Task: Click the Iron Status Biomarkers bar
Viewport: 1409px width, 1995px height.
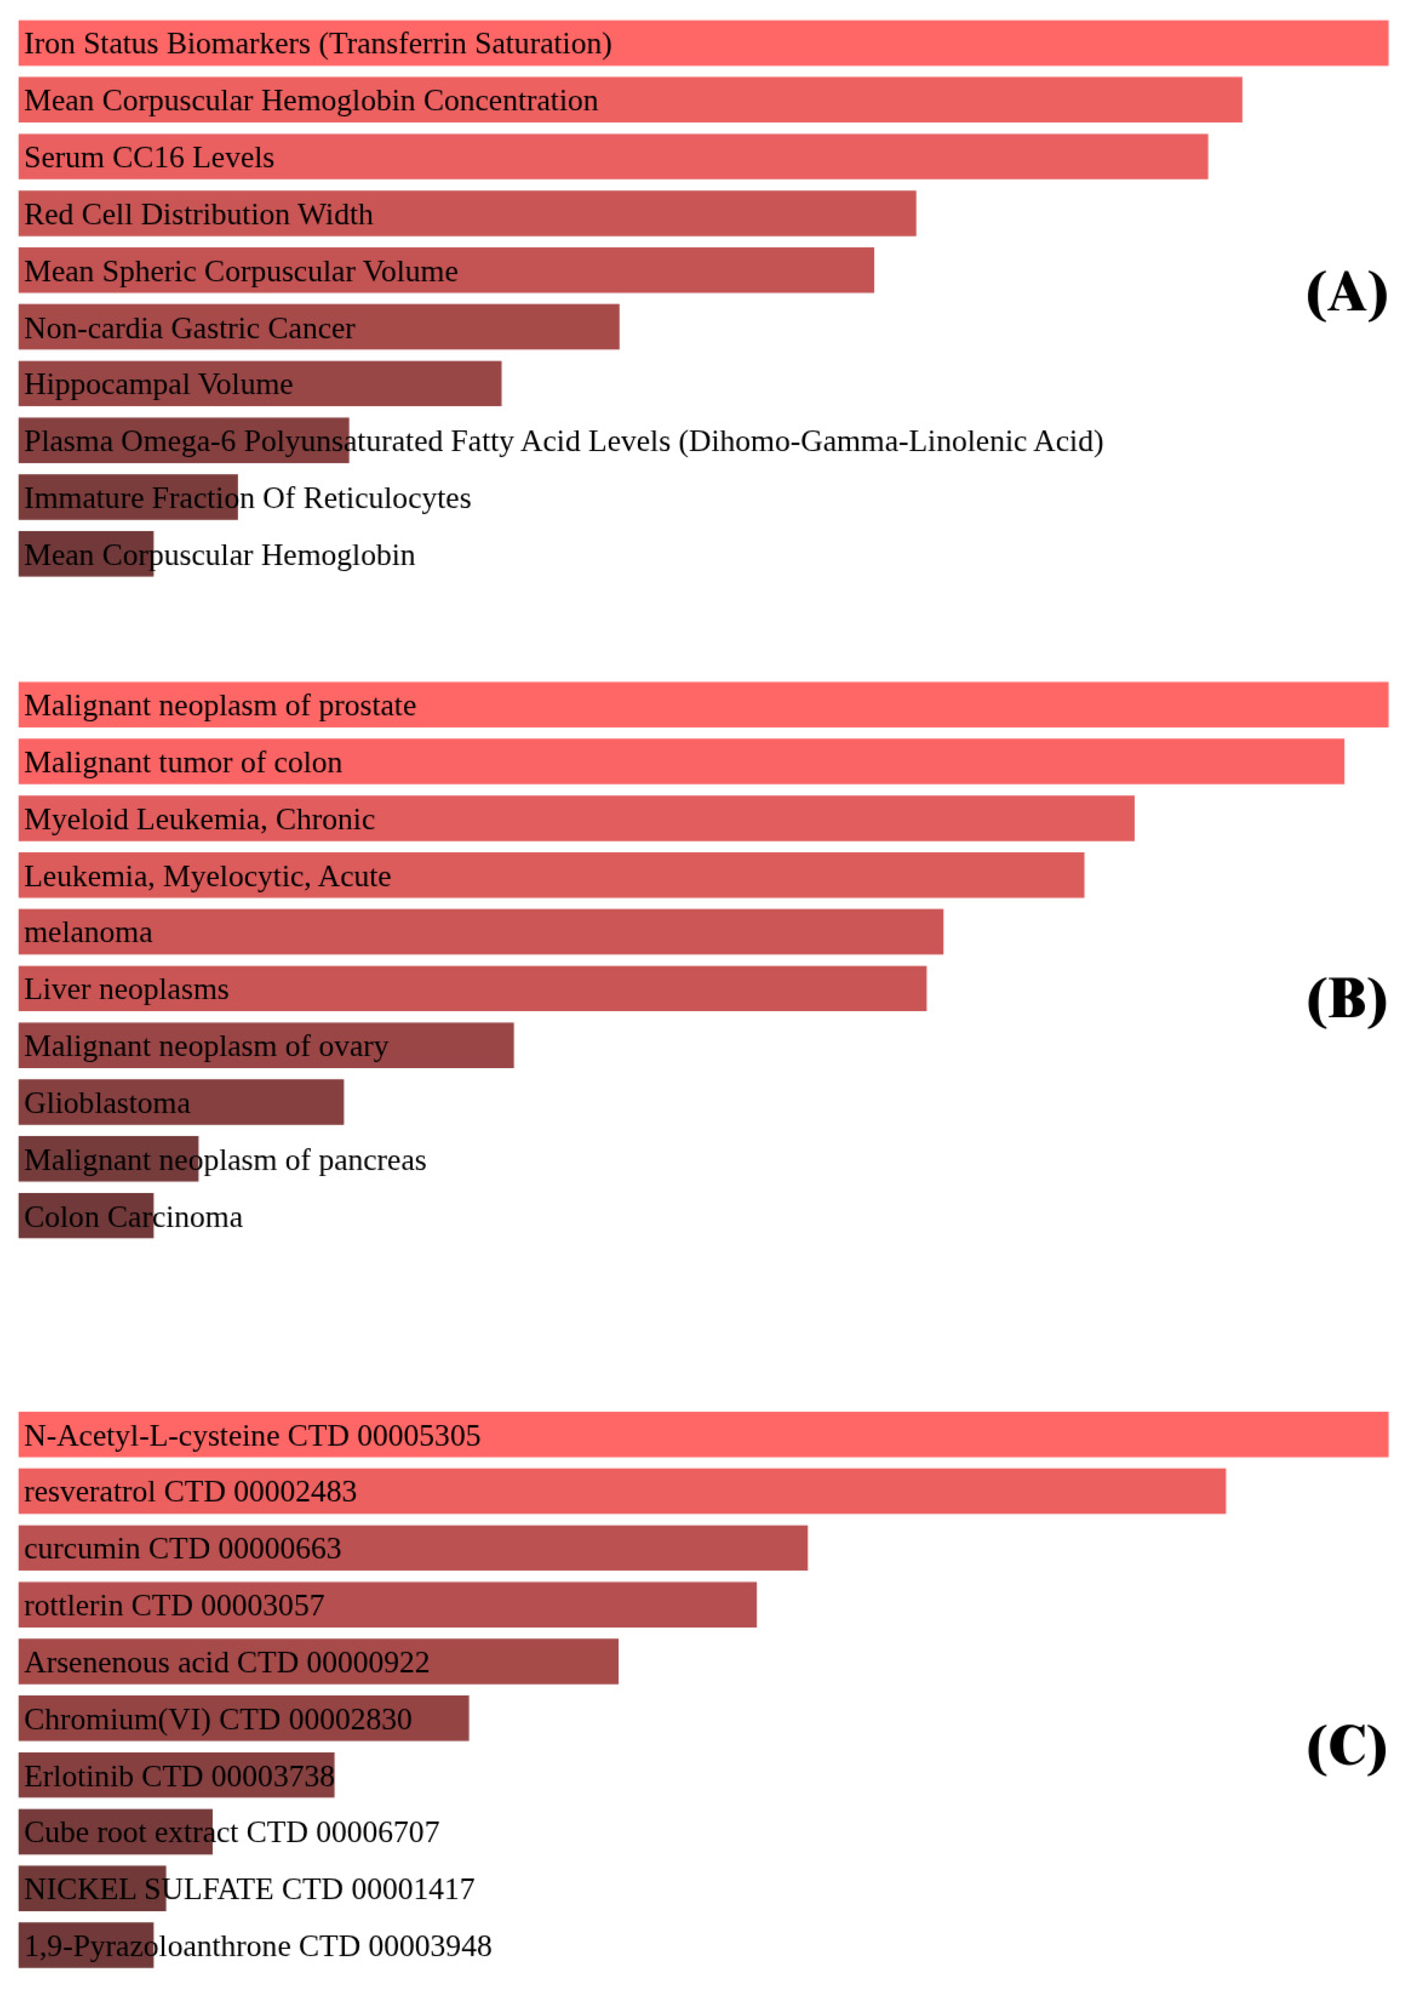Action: [702, 44]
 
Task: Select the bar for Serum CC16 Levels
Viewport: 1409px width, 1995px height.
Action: [613, 157]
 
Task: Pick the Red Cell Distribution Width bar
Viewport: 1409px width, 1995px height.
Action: [467, 214]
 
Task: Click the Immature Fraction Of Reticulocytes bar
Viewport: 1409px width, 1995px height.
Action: [128, 498]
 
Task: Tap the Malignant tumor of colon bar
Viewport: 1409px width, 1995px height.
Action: [681, 762]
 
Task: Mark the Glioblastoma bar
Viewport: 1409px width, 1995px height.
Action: [181, 1102]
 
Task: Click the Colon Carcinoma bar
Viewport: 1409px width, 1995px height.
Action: [86, 1217]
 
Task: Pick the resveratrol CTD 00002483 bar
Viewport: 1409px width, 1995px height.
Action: [621, 1491]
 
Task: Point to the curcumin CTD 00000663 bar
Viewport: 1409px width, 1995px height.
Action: [413, 1548]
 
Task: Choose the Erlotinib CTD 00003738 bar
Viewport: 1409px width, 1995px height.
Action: [177, 1776]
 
